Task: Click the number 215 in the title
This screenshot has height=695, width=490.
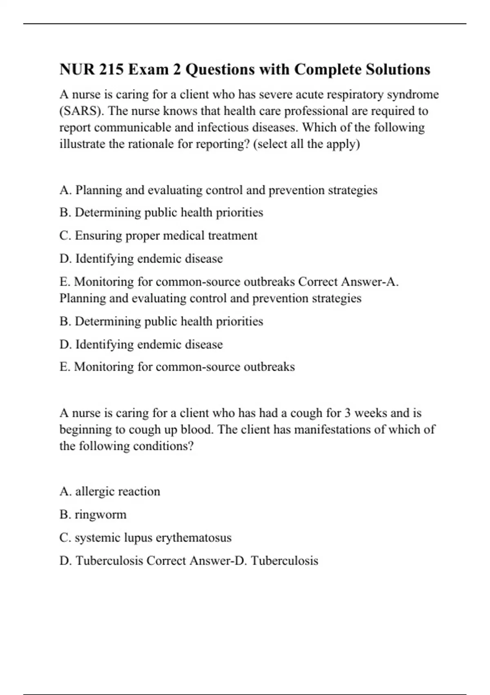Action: (111, 69)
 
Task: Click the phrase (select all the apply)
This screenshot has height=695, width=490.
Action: (306, 144)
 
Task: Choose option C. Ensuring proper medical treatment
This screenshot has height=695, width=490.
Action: (158, 235)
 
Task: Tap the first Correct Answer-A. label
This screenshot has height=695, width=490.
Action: (349, 282)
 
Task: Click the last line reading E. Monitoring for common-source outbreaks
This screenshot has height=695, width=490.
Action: (177, 367)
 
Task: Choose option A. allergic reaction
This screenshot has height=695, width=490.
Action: (109, 491)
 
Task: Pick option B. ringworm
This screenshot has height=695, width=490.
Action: (93, 514)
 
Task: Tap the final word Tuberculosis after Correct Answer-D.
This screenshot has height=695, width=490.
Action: (284, 560)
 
